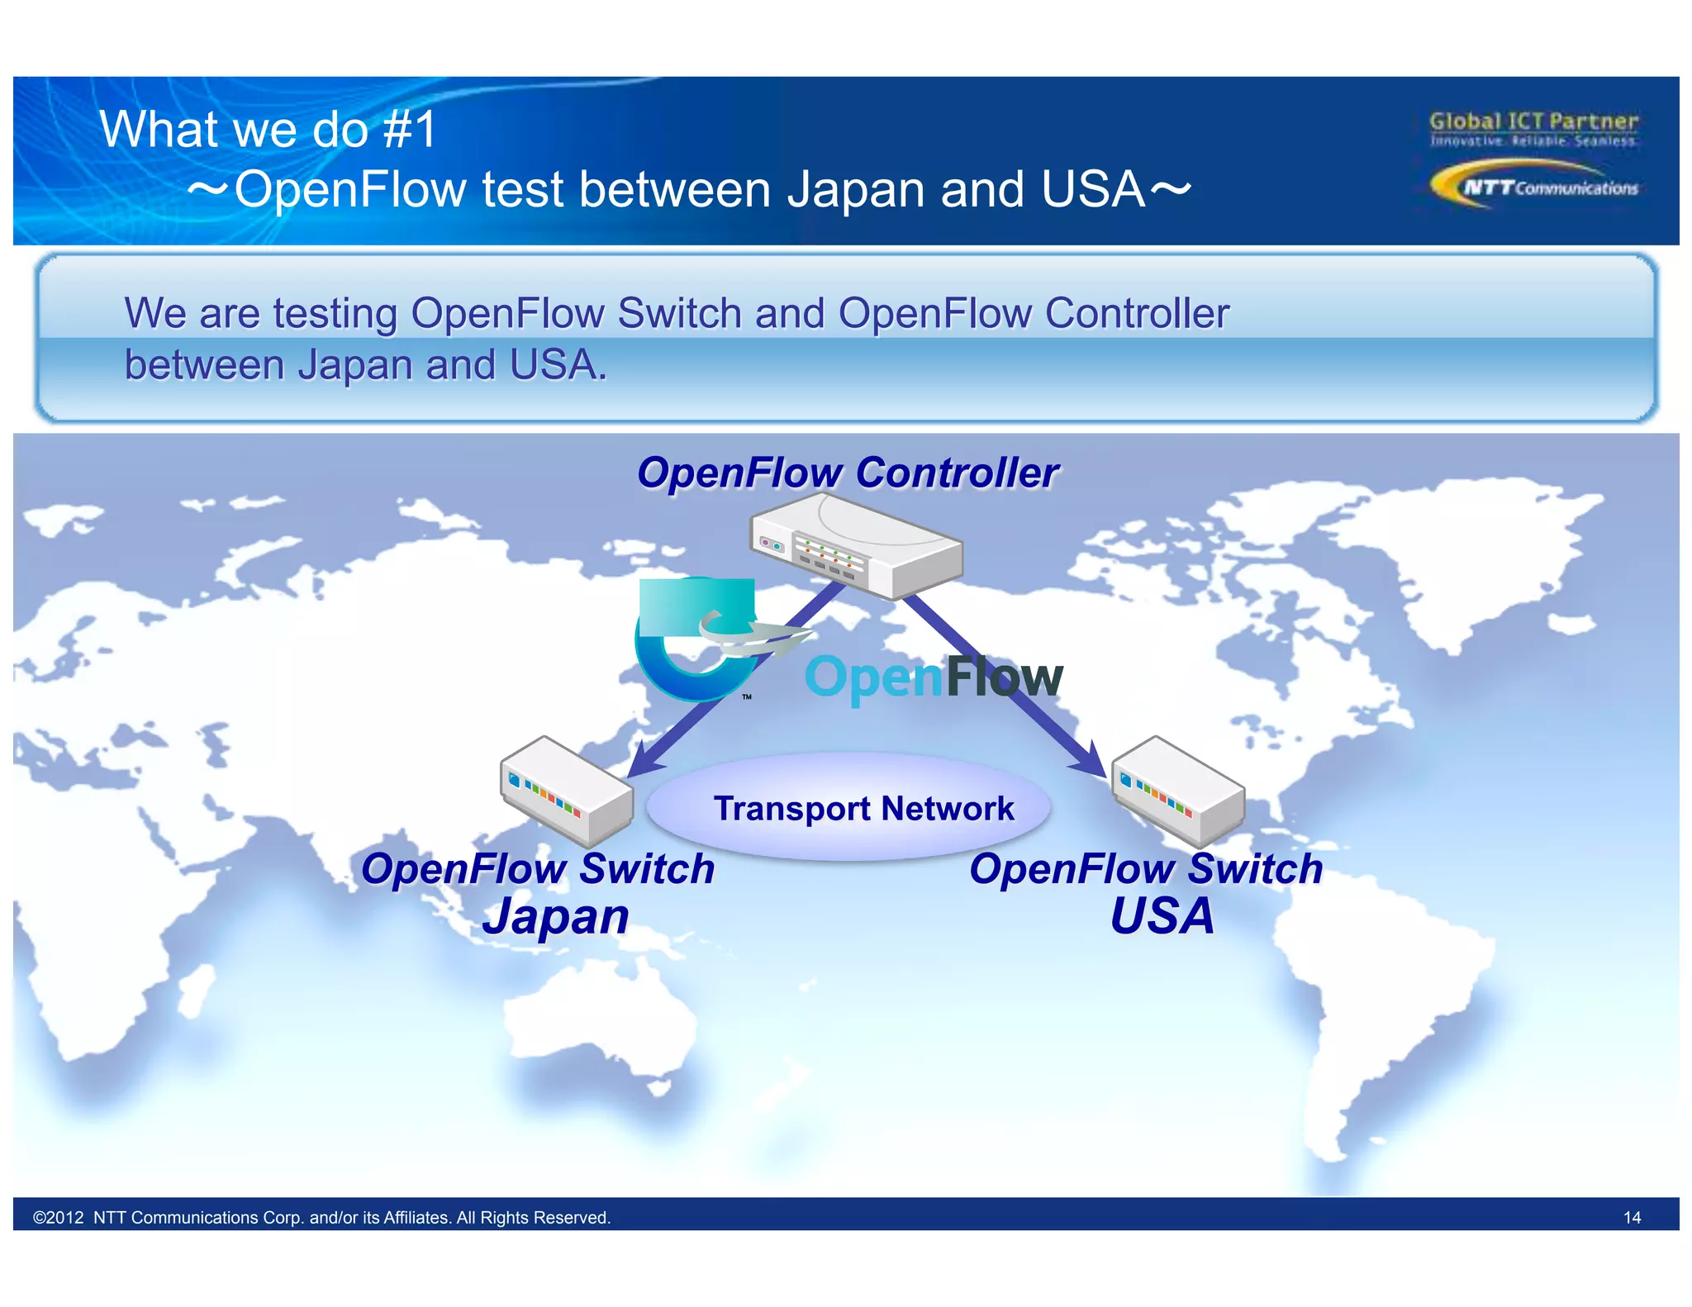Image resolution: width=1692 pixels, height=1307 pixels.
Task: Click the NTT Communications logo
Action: tap(1533, 185)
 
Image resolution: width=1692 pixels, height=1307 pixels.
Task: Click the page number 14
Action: tap(1632, 1217)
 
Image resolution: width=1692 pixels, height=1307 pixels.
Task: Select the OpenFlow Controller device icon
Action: tap(856, 545)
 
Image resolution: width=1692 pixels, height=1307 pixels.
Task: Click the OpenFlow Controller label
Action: tap(848, 473)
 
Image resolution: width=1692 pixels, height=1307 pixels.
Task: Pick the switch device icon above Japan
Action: tap(566, 788)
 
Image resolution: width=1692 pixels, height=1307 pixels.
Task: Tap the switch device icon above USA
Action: tap(1178, 788)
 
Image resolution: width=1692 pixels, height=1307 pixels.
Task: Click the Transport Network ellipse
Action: tap(849, 807)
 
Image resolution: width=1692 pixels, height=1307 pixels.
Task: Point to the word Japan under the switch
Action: tap(556, 917)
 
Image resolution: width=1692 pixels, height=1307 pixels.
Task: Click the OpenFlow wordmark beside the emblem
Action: tap(934, 677)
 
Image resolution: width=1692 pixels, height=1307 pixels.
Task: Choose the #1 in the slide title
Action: tap(410, 130)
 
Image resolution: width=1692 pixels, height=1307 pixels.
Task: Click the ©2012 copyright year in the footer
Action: tap(59, 1217)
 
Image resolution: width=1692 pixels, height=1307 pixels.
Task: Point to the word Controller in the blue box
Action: tap(1137, 314)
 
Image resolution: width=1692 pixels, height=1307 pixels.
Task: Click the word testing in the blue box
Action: tap(335, 314)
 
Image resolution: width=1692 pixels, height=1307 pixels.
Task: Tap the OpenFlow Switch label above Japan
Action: tap(538, 869)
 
